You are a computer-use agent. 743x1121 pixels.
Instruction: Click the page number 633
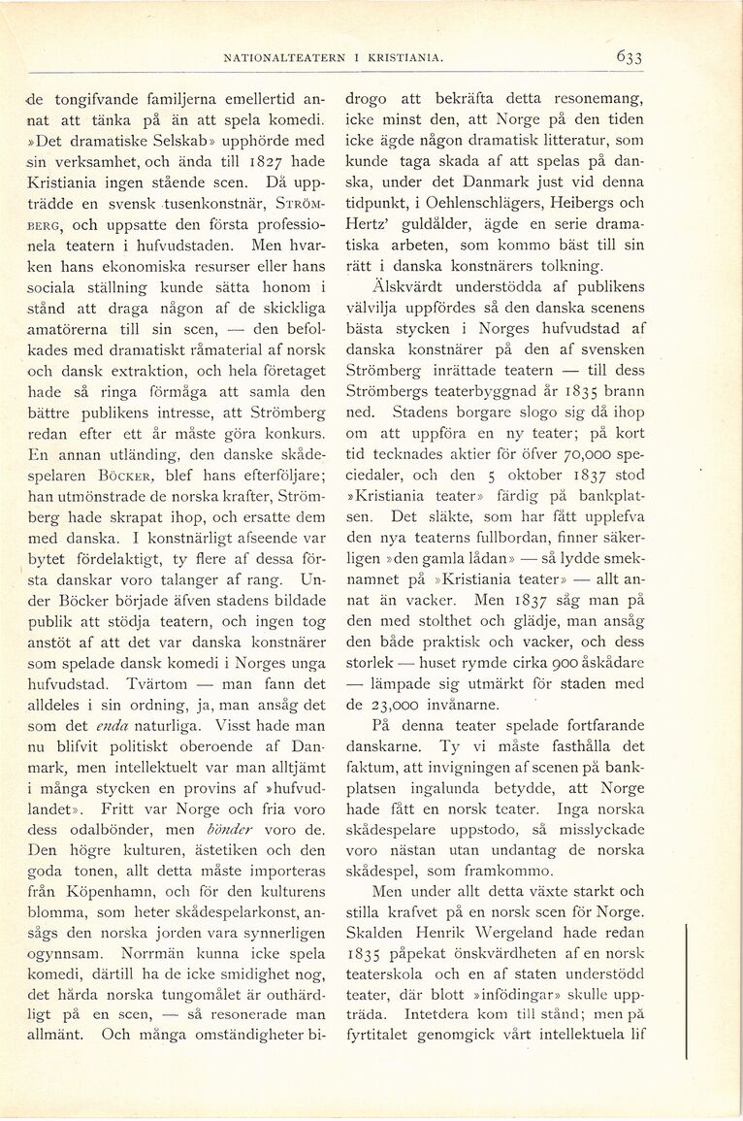[628, 57]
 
